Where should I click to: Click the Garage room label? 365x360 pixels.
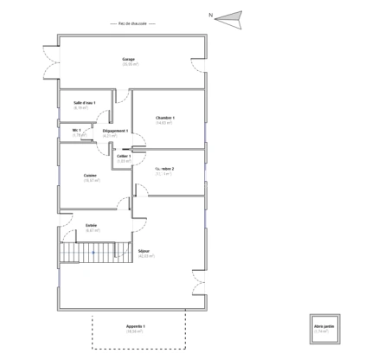point(128,59)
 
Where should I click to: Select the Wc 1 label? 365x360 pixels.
point(76,131)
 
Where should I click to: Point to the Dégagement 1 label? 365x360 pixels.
point(115,131)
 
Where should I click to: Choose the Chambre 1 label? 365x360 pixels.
point(165,118)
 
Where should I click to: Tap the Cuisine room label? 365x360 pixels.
point(90,176)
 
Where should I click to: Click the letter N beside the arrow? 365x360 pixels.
point(210,15)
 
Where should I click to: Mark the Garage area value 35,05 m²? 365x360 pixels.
point(130,65)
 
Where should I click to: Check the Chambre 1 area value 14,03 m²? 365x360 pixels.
point(165,124)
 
